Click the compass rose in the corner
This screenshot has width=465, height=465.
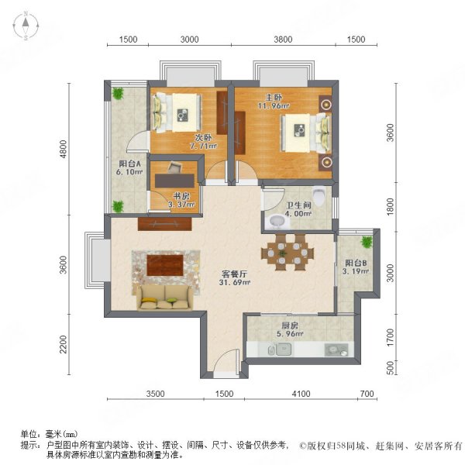26,26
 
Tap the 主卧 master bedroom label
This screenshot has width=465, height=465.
274,101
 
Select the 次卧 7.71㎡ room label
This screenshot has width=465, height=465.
203,142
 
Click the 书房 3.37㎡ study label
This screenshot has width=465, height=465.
181,200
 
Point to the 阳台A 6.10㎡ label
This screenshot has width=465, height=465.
129,167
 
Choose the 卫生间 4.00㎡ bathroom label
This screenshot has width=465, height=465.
298,209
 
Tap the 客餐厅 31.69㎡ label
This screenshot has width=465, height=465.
235,278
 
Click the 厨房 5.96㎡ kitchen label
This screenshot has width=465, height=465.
290,330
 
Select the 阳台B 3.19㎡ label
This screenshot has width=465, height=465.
356,267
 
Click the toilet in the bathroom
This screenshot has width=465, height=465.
319,195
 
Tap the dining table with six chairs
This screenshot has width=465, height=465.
288,253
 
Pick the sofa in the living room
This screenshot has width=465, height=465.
164,298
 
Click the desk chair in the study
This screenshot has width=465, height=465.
174,167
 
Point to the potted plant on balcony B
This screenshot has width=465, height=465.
367,241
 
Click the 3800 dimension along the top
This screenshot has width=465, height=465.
283,40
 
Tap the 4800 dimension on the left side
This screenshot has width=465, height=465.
64,149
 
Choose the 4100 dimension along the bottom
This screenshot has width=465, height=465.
301,394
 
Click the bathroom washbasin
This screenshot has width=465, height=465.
277,221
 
